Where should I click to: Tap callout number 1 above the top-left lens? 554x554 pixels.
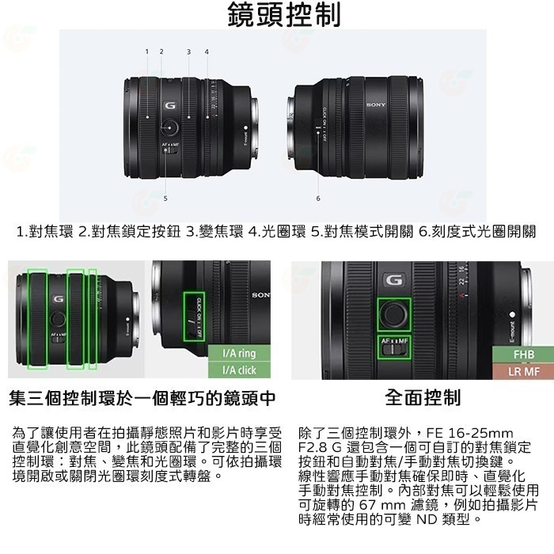pyautogui.click(x=146, y=51)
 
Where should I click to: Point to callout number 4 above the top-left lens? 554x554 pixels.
pyautogui.click(x=207, y=51)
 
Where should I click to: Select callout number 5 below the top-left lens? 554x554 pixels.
pyautogui.click(x=165, y=197)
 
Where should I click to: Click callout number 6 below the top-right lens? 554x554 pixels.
pyautogui.click(x=318, y=198)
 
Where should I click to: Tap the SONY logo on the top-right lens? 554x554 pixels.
pyautogui.click(x=377, y=104)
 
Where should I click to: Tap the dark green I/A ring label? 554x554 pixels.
pyautogui.click(x=239, y=354)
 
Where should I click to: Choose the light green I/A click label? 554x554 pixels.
pyautogui.click(x=239, y=370)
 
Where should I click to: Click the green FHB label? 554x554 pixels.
pyautogui.click(x=524, y=355)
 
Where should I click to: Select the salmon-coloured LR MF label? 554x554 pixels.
pyautogui.click(x=524, y=370)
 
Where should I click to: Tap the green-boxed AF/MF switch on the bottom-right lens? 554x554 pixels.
pyautogui.click(x=394, y=345)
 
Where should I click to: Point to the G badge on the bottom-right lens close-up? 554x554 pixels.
pyautogui.click(x=393, y=279)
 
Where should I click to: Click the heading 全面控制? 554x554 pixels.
pyautogui.click(x=423, y=397)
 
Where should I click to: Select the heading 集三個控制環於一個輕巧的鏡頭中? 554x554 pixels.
pyautogui.click(x=142, y=397)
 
